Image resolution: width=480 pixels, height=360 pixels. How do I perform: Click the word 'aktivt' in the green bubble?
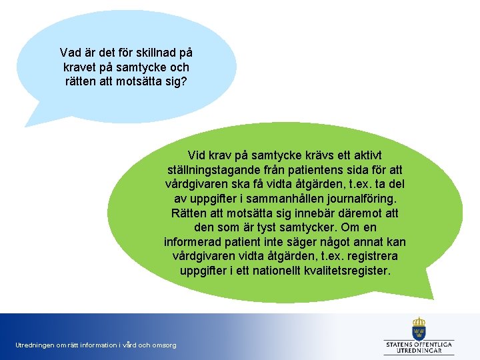tap(385, 154)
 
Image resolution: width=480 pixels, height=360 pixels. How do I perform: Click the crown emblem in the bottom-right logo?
tap(419, 328)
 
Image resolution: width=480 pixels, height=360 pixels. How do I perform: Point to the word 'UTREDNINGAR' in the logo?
tap(419, 350)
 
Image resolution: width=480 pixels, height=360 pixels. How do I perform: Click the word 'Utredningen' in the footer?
tap(34, 345)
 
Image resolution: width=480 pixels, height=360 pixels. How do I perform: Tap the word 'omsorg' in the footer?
tap(165, 345)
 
